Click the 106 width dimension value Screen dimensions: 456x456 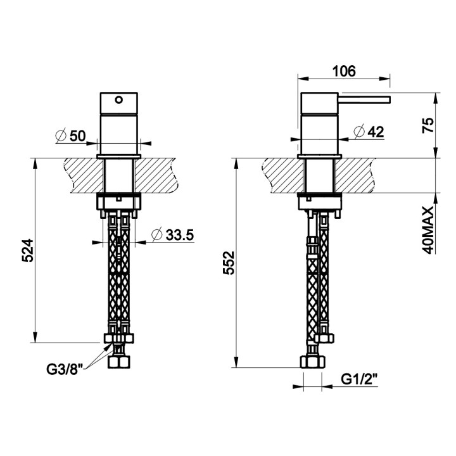[x=344, y=71]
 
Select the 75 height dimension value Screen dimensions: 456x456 [x=428, y=125]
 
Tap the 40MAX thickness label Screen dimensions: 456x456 [x=427, y=231]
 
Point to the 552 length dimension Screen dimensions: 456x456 [x=228, y=263]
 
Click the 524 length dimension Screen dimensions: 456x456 [x=28, y=250]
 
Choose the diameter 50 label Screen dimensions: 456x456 [x=71, y=136]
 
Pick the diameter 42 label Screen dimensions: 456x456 [x=369, y=132]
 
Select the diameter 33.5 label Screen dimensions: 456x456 [x=172, y=235]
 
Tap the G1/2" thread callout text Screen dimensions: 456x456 [x=359, y=379]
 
